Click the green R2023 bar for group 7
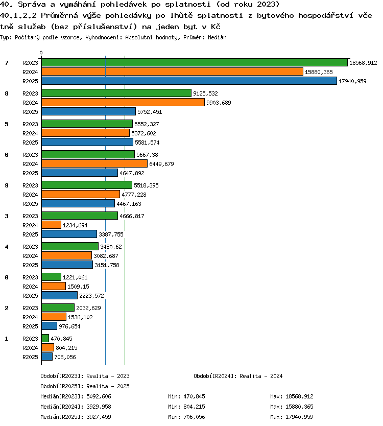tap(195, 62)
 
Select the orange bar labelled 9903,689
tap(123, 103)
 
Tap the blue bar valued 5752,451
tap(88, 112)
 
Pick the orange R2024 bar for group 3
tap(52, 225)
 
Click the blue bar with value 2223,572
tap(59, 295)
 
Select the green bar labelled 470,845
tap(45, 338)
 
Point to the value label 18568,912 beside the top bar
tap(363, 63)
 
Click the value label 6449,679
tap(161, 164)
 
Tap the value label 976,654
tap(69, 326)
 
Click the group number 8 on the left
tap(7, 93)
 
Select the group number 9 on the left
tap(7, 185)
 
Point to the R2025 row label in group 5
tap(30, 143)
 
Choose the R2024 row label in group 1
tap(30, 348)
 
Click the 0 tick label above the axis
tap(41, 53)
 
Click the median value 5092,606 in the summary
tap(99, 397)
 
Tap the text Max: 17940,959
tap(292, 417)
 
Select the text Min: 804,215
tap(186, 407)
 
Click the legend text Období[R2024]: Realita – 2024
tap(238, 376)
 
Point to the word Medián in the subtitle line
tap(218, 37)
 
